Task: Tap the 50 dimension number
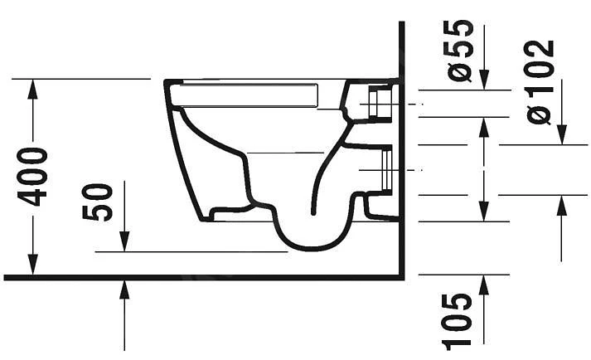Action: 99,202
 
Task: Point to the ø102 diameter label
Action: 540,80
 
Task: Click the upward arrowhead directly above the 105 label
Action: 484,283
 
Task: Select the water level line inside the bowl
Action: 286,153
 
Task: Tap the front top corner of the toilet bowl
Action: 167,82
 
